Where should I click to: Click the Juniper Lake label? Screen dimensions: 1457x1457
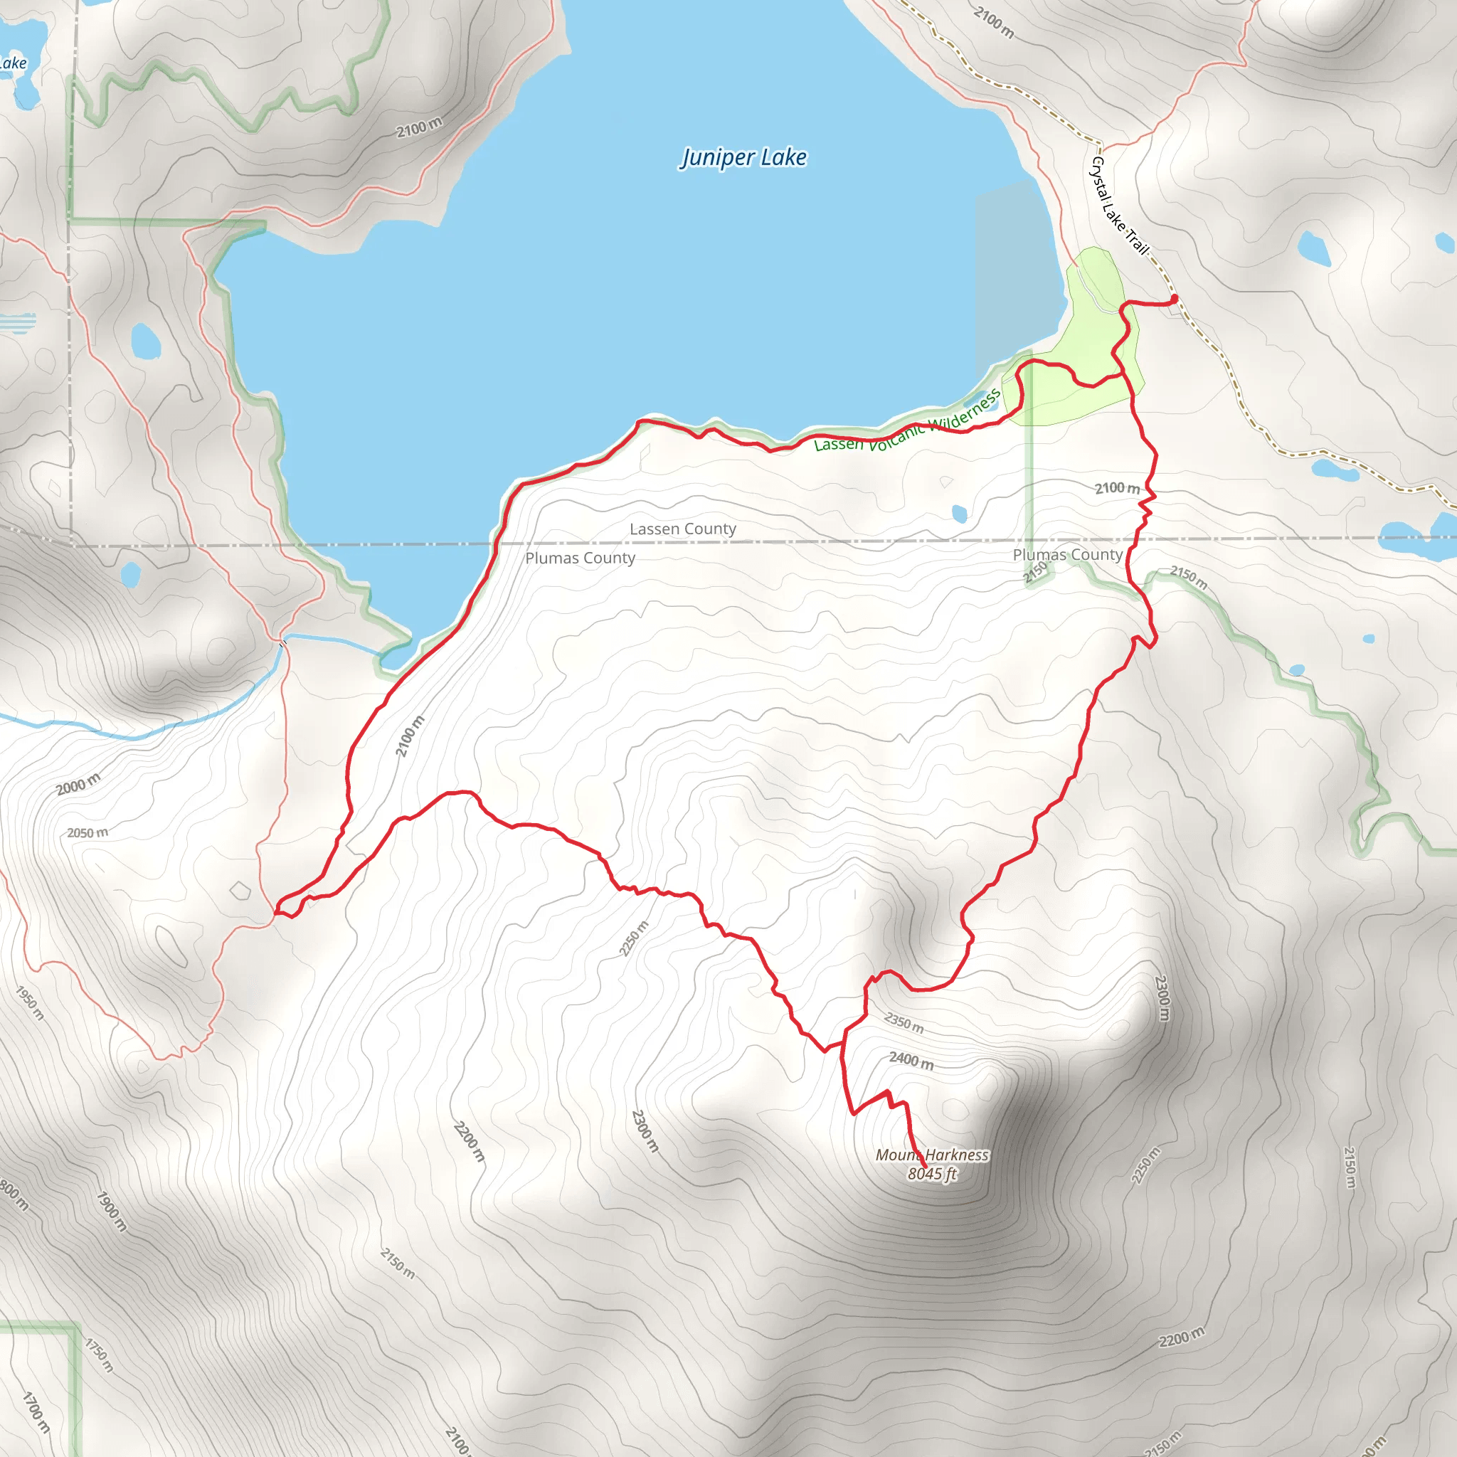click(743, 158)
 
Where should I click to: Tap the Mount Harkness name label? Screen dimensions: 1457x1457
click(931, 1155)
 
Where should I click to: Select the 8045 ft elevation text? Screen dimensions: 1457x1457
click(931, 1173)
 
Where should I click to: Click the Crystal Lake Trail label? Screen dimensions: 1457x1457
click(1120, 205)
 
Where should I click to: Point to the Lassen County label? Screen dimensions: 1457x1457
click(682, 529)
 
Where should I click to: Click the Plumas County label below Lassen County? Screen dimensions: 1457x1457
click(580, 558)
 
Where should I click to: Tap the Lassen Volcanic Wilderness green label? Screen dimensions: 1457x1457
click(907, 423)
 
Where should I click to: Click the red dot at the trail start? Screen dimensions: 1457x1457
click(1173, 299)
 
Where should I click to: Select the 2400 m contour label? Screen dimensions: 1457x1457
click(911, 1060)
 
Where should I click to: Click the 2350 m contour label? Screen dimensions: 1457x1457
click(904, 1022)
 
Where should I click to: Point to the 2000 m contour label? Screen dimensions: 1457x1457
click(78, 784)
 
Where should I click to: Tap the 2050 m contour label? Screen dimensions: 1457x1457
click(88, 832)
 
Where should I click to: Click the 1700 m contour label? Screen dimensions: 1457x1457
click(36, 1411)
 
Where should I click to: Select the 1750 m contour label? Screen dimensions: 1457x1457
click(99, 1355)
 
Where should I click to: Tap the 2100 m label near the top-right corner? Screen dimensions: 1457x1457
click(993, 22)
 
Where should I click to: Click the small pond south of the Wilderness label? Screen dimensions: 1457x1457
click(959, 514)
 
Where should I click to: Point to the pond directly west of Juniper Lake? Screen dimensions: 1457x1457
click(146, 341)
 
